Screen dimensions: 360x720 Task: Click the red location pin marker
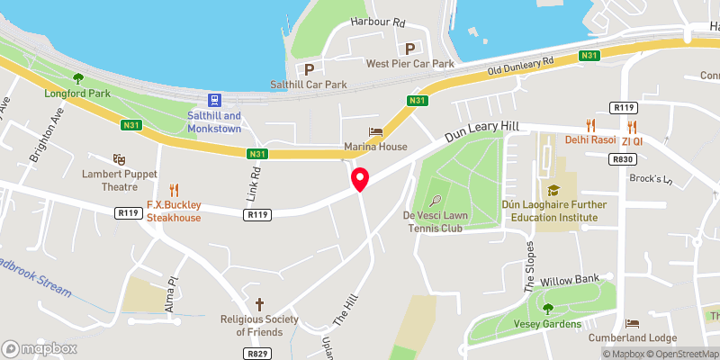pos(360,179)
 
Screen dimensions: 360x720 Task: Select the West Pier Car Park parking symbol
pos(410,49)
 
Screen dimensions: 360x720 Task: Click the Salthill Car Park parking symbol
pos(309,68)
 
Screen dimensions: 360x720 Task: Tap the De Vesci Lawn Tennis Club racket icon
pos(435,202)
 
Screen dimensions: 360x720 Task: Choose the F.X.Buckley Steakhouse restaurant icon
pos(174,191)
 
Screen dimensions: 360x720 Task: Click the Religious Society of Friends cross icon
pos(260,304)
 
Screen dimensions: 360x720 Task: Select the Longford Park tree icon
pos(77,77)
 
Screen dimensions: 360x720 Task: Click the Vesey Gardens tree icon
pos(547,309)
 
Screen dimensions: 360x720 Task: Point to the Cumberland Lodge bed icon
pos(632,322)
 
